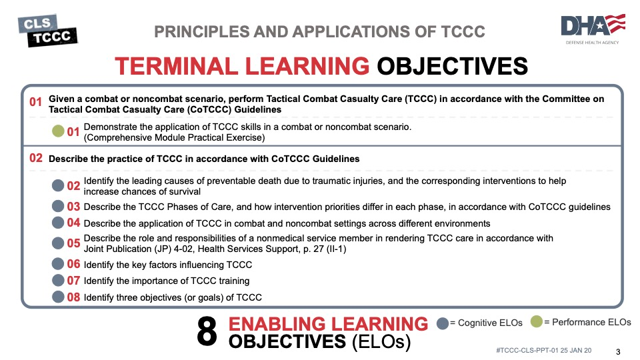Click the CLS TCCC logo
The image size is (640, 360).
48,31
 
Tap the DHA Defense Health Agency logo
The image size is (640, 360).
593,29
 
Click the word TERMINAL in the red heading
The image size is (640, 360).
176,66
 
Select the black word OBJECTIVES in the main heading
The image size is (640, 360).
452,66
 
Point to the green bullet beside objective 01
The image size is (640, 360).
58,131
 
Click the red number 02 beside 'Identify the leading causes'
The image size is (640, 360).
73,186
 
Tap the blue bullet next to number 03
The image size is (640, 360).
58,206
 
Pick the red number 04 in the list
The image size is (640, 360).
73,223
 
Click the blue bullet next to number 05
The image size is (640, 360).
58,243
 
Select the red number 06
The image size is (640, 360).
73,264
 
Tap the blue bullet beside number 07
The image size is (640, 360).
58,281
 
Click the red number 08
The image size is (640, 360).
73,297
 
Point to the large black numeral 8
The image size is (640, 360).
207,331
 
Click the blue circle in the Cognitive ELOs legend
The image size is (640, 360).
443,323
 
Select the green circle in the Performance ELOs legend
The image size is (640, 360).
536,321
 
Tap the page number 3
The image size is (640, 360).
618,352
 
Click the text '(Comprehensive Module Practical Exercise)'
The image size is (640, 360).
174,137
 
